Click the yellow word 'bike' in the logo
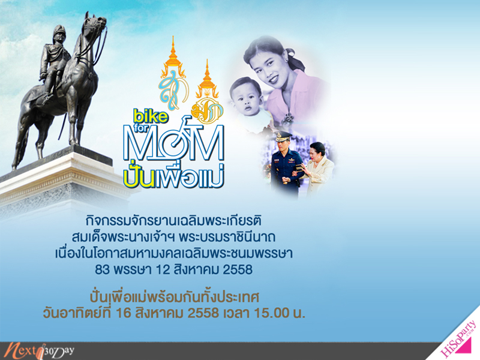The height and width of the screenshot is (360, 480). (151, 116)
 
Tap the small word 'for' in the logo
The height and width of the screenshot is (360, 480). (140, 128)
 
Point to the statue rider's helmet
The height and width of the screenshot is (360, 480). (58, 32)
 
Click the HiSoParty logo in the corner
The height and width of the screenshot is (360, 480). (458, 337)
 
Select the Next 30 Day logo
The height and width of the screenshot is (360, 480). (39, 351)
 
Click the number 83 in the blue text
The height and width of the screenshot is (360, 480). (102, 269)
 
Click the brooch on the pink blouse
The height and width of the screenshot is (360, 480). (287, 118)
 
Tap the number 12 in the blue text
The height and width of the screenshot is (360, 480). (163, 269)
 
